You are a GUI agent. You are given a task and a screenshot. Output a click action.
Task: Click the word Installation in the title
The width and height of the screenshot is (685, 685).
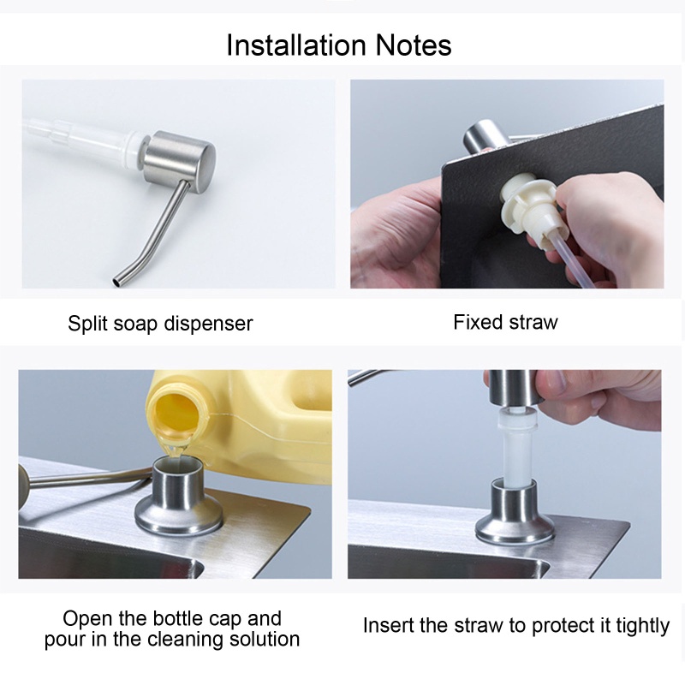[296, 45]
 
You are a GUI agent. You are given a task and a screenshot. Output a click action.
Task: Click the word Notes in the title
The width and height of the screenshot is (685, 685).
[414, 45]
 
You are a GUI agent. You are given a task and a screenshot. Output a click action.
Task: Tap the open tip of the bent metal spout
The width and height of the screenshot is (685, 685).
[117, 282]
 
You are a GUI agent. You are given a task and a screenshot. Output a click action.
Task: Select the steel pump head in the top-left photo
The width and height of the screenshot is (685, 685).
[180, 160]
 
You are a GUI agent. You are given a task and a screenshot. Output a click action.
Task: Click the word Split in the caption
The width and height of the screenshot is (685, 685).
[87, 324]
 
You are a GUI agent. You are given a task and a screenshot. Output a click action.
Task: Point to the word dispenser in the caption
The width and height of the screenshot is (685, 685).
[208, 324]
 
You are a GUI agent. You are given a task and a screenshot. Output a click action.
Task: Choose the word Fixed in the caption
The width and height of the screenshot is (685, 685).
[479, 322]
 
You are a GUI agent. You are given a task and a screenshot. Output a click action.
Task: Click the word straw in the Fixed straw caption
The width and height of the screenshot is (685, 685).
[533, 322]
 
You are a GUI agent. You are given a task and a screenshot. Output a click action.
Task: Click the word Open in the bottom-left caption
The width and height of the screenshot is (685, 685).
[88, 619]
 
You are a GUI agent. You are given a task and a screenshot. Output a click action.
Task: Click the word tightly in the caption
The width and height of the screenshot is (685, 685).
[643, 627]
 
